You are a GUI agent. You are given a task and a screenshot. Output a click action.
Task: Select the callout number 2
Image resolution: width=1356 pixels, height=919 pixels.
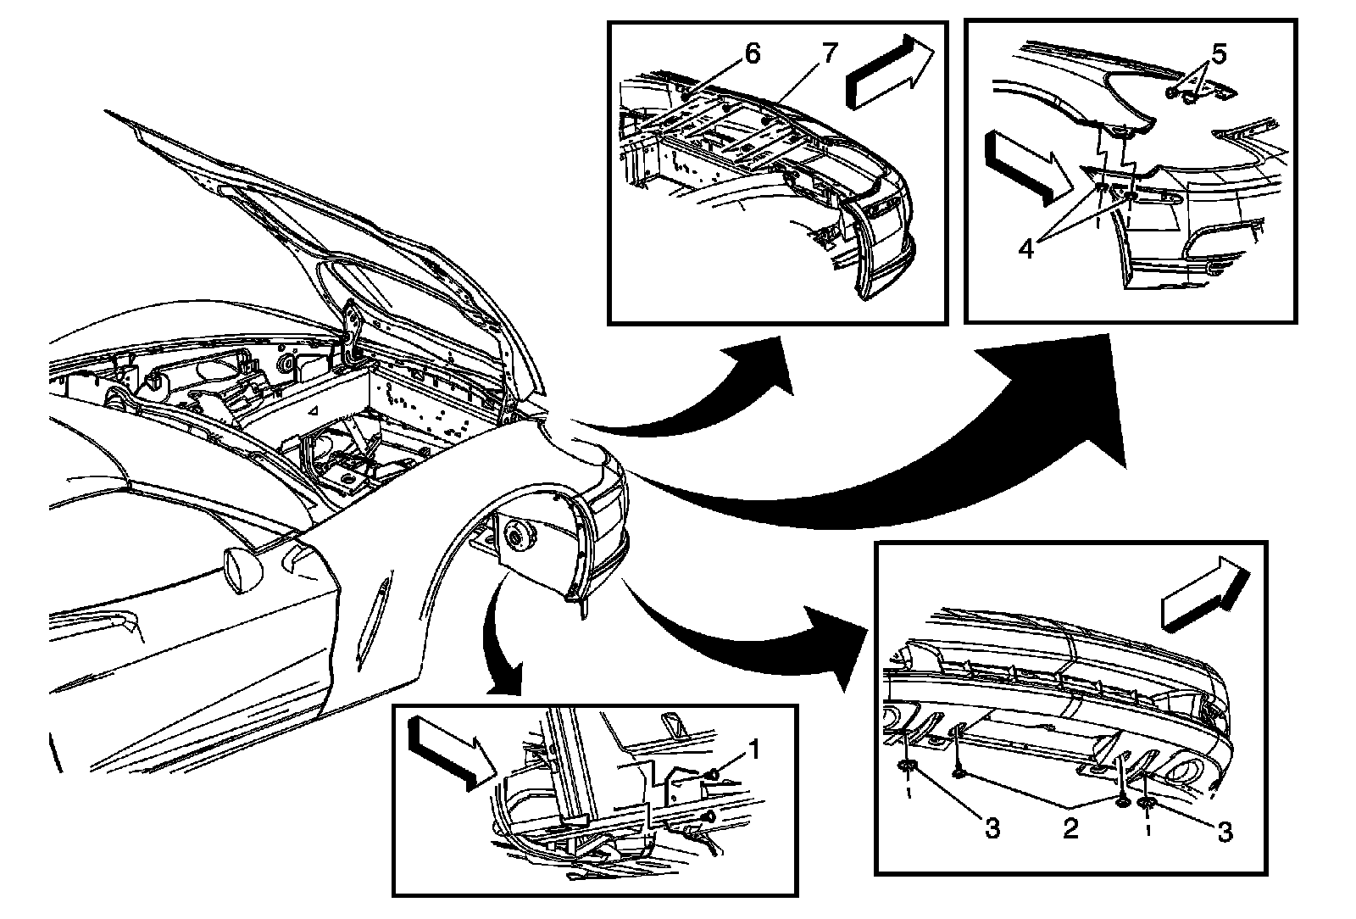(x=1070, y=828)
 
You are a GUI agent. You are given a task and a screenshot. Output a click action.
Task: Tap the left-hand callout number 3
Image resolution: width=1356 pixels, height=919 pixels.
(x=992, y=828)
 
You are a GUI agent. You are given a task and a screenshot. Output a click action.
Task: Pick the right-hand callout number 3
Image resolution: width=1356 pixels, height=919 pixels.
(x=1224, y=833)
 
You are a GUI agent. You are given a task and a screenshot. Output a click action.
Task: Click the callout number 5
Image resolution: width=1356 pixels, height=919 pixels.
(x=1219, y=55)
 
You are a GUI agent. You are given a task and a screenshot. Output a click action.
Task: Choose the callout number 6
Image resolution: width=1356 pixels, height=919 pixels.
(x=753, y=53)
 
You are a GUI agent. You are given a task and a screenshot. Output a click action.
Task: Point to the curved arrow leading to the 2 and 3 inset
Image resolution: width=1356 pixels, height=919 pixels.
(x=746, y=644)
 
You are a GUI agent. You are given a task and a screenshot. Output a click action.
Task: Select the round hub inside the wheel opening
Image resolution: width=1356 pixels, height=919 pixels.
(x=514, y=536)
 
